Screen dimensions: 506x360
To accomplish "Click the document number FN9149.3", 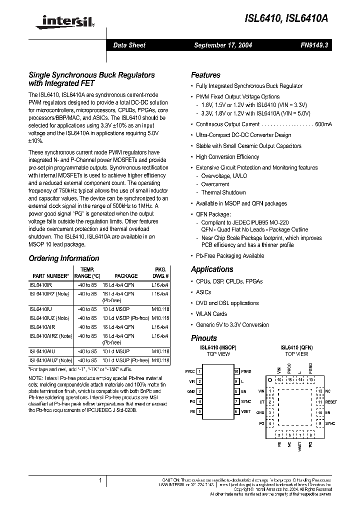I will [x=313, y=45].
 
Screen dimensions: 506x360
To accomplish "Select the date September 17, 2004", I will [x=223, y=45].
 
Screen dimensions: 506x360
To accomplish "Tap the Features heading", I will [x=205, y=75].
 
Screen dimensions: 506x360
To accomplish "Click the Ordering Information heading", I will [x=64, y=258].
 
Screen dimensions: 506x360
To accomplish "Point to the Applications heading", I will [x=212, y=269].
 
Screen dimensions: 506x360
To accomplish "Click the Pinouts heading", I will [x=204, y=338].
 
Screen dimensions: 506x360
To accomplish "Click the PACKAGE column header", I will [x=126, y=275].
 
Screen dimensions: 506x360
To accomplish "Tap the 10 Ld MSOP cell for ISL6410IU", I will [x=116, y=309].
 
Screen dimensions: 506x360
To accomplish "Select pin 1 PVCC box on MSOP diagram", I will [x=199, y=371].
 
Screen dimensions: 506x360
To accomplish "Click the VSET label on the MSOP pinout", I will [x=246, y=411].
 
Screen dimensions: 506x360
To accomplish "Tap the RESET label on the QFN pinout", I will [x=331, y=401].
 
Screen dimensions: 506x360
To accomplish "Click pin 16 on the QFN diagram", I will [x=280, y=380].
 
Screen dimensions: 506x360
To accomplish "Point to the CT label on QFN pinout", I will [x=261, y=401].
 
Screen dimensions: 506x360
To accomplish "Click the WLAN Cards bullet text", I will [x=211, y=314].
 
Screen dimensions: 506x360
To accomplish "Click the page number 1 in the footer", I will [x=100, y=480].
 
